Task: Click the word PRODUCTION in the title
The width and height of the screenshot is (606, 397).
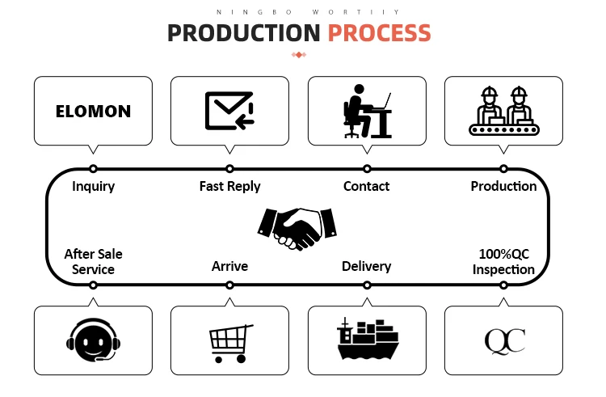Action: click(243, 33)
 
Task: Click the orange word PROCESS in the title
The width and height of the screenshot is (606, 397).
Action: click(379, 33)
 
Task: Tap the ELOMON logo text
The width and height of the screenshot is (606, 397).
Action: click(93, 112)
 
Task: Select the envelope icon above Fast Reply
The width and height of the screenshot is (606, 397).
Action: click(229, 111)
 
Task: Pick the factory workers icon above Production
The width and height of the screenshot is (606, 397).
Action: click(503, 112)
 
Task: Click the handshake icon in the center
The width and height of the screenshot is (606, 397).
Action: click(296, 227)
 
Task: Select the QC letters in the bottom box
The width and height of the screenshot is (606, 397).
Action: click(504, 340)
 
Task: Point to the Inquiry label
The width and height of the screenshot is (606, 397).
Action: click(93, 187)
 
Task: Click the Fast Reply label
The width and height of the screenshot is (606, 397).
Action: click(229, 187)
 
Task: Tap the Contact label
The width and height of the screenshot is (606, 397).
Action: click(366, 187)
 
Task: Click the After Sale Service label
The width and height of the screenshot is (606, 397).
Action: click(93, 262)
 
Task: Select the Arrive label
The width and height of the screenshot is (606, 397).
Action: click(229, 266)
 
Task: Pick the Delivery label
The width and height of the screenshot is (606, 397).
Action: click(366, 266)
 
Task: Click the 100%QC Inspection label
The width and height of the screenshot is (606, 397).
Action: click(503, 262)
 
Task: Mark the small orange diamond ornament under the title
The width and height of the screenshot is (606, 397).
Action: click(298, 55)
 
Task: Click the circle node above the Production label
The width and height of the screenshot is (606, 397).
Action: click(503, 169)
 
